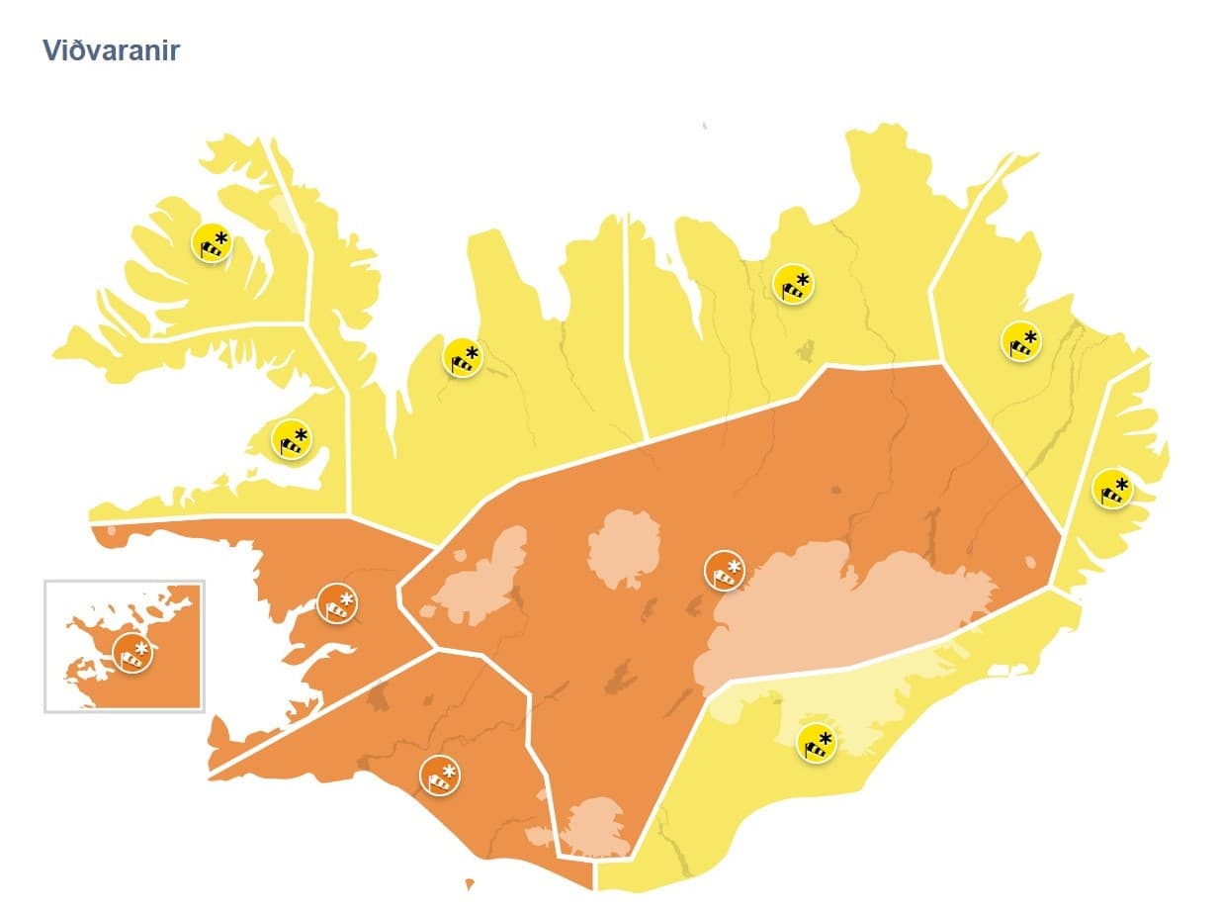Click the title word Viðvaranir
(x=111, y=50)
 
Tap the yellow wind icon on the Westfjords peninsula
(x=211, y=242)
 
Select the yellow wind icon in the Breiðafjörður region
(x=292, y=440)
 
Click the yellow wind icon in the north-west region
(x=462, y=357)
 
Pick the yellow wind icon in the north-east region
(x=793, y=284)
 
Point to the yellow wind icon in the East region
(x=1021, y=341)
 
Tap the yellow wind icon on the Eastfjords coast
(x=1112, y=489)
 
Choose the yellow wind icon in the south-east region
(x=817, y=743)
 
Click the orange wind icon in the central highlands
(x=725, y=570)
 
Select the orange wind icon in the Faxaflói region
(x=337, y=602)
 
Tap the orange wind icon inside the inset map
(x=132, y=653)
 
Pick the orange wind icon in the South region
(x=440, y=775)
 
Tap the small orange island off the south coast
(x=470, y=883)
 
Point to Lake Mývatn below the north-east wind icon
(x=805, y=350)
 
